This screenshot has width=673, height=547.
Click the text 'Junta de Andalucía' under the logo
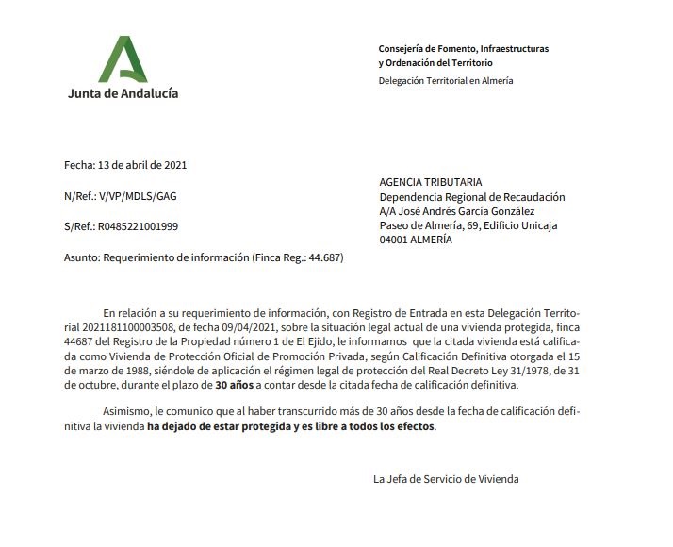pos(123,93)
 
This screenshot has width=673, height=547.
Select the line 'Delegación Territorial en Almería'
pos(446,81)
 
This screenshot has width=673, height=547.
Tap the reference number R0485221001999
pos(135,226)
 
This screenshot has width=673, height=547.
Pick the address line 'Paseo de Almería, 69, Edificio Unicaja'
pos(468,225)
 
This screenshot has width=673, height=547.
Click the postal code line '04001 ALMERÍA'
pos(415,240)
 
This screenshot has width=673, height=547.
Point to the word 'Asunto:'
pos(81,257)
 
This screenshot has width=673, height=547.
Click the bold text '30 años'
pos(234,385)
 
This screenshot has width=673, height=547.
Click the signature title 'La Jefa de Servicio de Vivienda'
pos(446,479)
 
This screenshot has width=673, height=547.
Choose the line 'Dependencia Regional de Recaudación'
pos(471,197)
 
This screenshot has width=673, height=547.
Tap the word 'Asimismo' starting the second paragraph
pos(127,412)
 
